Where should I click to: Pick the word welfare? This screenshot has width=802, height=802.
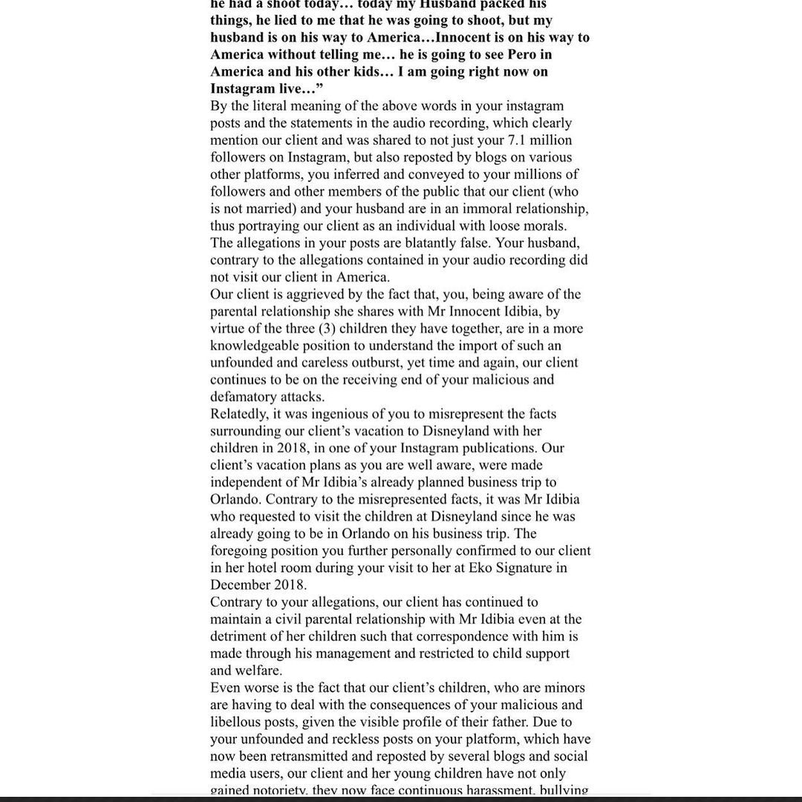[x=260, y=671]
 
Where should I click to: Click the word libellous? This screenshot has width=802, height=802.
[x=238, y=722]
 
